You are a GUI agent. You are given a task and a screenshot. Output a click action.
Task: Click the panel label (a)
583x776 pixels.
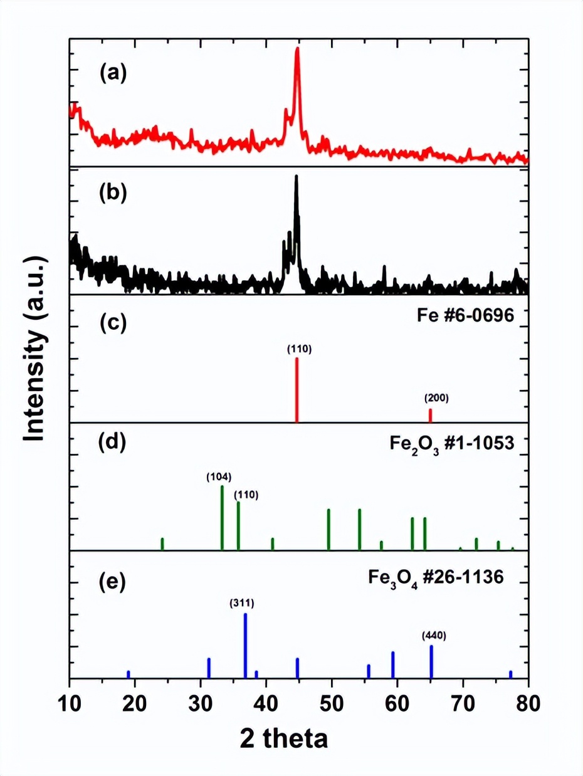pos(113,73)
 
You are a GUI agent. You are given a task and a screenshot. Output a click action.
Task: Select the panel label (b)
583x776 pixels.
pos(113,192)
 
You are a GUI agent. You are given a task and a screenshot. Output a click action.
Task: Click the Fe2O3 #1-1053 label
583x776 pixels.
pos(451,446)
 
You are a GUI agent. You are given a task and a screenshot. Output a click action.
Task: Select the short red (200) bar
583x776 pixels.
pos(430,415)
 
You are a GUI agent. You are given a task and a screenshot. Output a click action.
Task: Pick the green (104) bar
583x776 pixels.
pos(222,518)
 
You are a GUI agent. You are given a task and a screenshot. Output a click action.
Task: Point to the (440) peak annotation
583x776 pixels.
pos(434,636)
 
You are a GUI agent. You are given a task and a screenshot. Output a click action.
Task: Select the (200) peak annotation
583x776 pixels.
pos(436,397)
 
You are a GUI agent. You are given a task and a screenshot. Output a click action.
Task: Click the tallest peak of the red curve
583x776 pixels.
pos(297,50)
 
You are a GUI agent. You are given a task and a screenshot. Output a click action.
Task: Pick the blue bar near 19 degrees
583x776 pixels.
pos(129,674)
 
